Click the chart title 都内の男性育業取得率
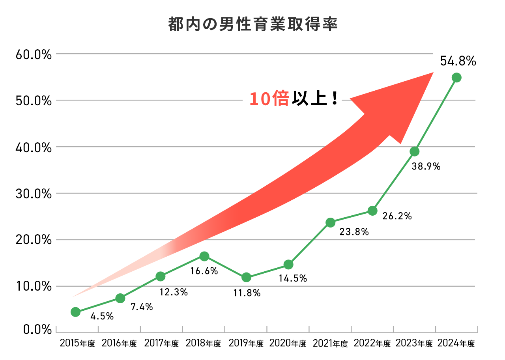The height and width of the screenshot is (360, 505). tap(252, 24)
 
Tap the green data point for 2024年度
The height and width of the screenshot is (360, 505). tap(456, 78)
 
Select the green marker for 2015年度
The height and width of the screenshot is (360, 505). tap(76, 312)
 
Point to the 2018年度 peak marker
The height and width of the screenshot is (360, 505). tap(204, 257)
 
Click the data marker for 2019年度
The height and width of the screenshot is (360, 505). tap(246, 277)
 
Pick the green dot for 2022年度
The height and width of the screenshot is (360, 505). tap(372, 211)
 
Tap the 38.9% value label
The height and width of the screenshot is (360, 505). tap(426, 167)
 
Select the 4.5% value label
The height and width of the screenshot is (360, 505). tap(102, 316)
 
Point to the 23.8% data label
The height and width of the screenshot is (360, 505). tap(354, 232)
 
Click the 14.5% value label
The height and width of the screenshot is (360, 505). tap(293, 278)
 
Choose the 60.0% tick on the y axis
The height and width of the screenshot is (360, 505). tap(34, 54)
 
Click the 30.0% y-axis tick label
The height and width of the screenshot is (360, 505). tap(34, 194)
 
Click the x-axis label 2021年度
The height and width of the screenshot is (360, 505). tap(330, 343)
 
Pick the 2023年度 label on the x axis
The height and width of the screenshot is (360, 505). tap(414, 343)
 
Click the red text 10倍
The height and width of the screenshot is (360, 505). tap(269, 99)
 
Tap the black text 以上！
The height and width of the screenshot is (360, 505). tap(315, 99)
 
